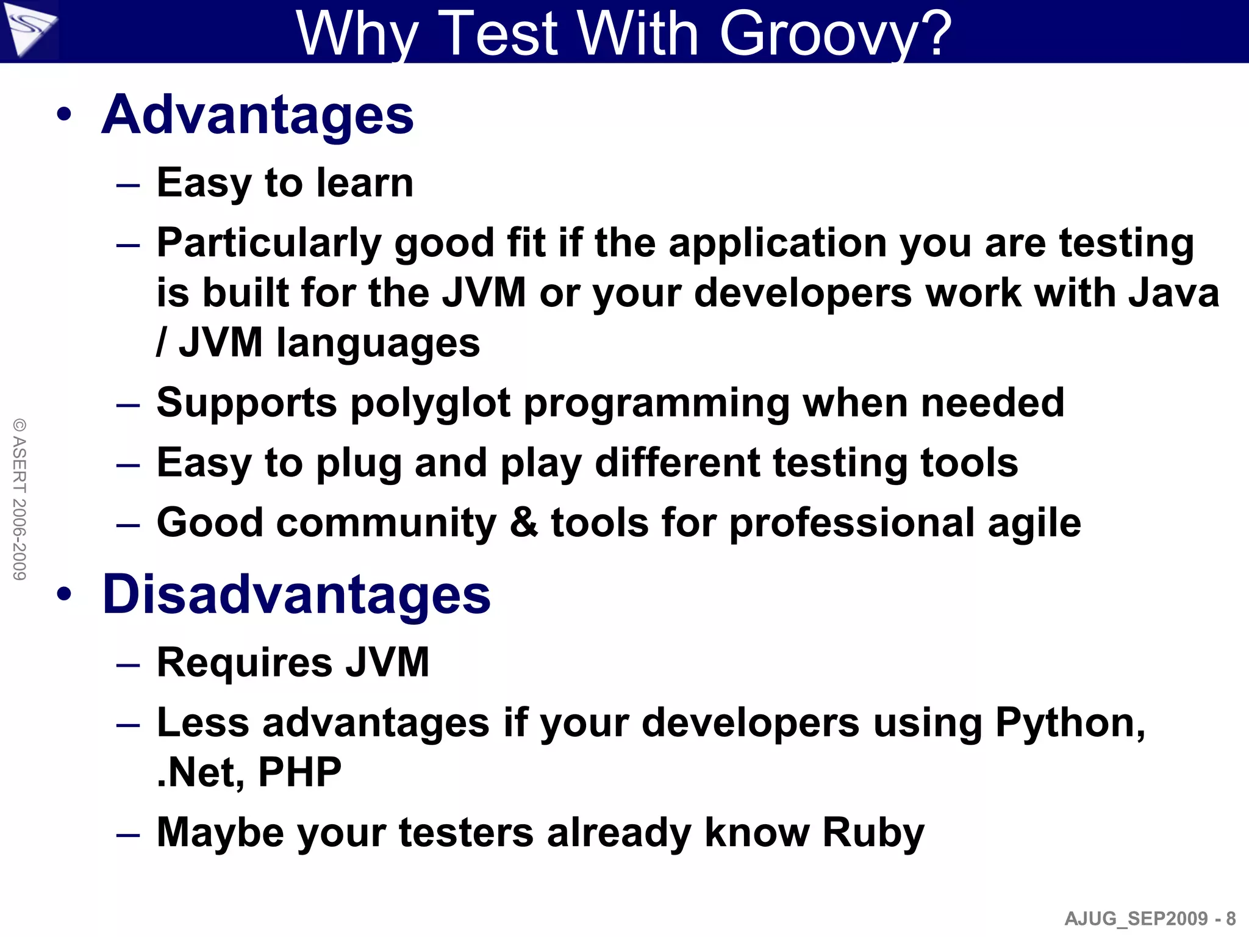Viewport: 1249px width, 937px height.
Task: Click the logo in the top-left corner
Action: point(29,29)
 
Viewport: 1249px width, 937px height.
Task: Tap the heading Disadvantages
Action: point(296,594)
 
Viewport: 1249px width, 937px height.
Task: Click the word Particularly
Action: point(268,243)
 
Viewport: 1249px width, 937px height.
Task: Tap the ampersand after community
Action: point(524,523)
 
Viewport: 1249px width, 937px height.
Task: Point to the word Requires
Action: point(244,662)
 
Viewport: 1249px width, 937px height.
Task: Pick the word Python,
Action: point(1070,723)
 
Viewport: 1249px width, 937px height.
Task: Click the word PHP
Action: point(299,772)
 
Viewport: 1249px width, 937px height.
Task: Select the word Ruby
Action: point(873,833)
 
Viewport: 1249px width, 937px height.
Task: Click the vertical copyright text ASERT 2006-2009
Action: point(20,499)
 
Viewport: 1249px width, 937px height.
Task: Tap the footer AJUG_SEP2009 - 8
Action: point(1150,918)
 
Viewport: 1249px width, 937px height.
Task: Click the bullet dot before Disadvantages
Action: point(65,594)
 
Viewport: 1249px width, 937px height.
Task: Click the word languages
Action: point(378,343)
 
